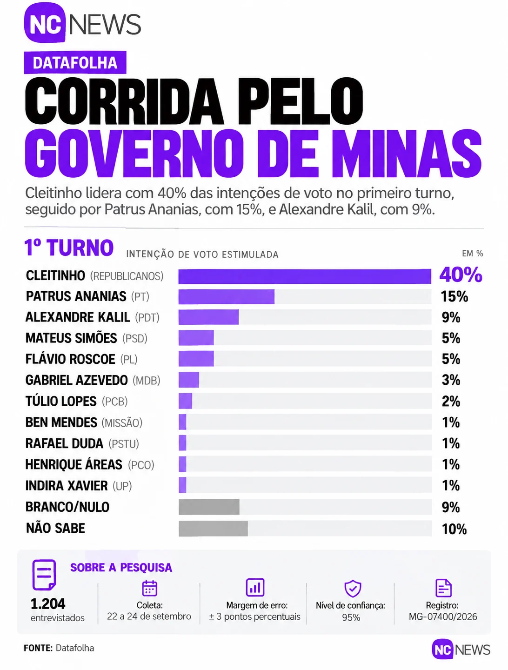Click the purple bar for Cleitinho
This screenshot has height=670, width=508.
point(305,276)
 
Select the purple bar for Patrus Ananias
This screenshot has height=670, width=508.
point(227,297)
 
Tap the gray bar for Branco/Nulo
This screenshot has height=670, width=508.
point(209,507)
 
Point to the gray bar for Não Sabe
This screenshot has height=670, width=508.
point(213,529)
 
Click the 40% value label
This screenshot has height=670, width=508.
point(461,275)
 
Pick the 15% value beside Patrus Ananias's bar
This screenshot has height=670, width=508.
point(455,297)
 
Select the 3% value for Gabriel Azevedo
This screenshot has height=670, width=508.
point(451,380)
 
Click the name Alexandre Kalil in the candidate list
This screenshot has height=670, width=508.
point(78,317)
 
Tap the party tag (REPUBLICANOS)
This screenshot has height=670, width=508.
point(127,276)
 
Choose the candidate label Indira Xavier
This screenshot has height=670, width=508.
point(67,486)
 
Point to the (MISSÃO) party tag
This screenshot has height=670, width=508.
point(122,423)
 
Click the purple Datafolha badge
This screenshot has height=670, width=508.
point(75,62)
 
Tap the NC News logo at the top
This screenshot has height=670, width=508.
point(82,23)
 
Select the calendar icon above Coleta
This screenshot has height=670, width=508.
point(149,588)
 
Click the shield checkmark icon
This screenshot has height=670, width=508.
point(353,588)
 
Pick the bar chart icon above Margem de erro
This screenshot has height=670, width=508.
point(255,587)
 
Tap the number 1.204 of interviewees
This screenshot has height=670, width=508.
point(48,603)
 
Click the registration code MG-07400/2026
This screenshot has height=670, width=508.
point(443,617)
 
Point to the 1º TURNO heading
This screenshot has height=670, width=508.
point(69,247)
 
